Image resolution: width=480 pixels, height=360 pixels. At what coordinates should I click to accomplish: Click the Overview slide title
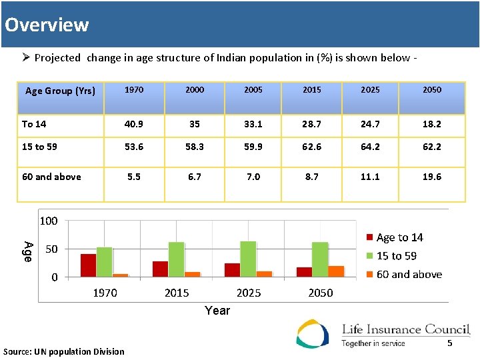[x=47, y=25]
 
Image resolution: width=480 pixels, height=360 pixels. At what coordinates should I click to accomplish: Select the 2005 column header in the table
[x=253, y=90]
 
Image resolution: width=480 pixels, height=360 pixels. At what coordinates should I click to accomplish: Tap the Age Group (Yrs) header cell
[x=60, y=91]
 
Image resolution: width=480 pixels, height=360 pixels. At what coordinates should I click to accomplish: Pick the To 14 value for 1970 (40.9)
[x=133, y=124]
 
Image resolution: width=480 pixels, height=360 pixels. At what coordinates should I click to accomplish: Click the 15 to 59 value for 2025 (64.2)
[x=370, y=147]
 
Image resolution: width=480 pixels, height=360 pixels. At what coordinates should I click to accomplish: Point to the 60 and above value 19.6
[x=431, y=177]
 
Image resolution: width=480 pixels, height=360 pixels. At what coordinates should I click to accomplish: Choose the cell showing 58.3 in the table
[x=195, y=147]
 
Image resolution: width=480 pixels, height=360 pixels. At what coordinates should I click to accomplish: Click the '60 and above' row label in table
[x=51, y=177]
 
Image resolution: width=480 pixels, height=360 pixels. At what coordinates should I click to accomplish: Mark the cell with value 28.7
[x=311, y=124]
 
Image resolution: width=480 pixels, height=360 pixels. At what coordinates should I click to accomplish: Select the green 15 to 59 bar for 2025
[x=248, y=259]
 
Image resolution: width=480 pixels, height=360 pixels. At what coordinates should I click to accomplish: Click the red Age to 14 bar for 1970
[x=88, y=265]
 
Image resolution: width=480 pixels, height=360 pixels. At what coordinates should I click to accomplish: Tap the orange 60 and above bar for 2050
[x=336, y=271]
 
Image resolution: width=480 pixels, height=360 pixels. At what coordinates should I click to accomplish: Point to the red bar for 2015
[x=160, y=268]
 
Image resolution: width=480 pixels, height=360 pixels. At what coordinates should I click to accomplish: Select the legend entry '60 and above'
[x=408, y=274]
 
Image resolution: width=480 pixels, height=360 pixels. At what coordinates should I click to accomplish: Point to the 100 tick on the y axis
[x=48, y=221]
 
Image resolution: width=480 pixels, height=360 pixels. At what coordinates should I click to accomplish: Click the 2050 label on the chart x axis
[x=320, y=293]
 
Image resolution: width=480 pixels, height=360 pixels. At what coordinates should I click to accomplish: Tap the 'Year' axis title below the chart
[x=217, y=310]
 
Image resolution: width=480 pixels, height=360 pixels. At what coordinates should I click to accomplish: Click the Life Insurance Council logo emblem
[x=313, y=333]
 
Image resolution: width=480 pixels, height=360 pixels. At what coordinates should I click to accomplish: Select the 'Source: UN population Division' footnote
[x=64, y=351]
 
